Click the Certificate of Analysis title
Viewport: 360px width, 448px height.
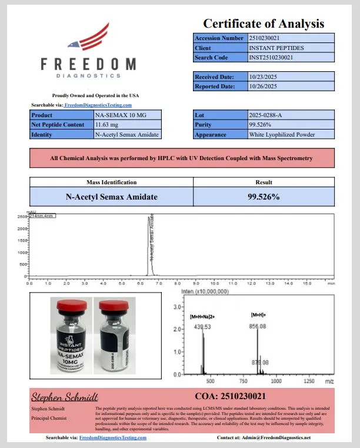tap(264, 24)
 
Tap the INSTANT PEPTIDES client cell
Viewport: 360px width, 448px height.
tap(276, 48)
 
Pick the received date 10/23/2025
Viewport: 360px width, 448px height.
tap(263, 77)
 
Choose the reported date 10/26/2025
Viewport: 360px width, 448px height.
tap(263, 86)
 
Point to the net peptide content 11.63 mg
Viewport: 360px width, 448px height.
tap(107, 125)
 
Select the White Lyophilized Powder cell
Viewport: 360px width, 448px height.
tap(282, 134)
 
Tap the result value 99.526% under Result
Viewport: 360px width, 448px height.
tap(264, 197)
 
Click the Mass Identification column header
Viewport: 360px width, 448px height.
tap(111, 182)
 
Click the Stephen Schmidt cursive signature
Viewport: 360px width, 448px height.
tap(65, 397)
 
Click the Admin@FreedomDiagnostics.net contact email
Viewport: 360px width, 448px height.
tap(279, 438)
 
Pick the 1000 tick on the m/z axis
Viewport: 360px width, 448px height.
tap(276, 381)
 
